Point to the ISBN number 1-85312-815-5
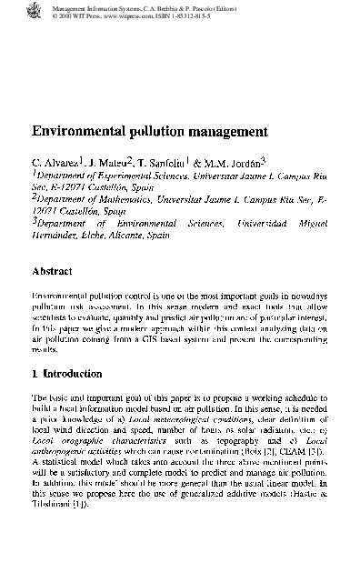tap(210, 15)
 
